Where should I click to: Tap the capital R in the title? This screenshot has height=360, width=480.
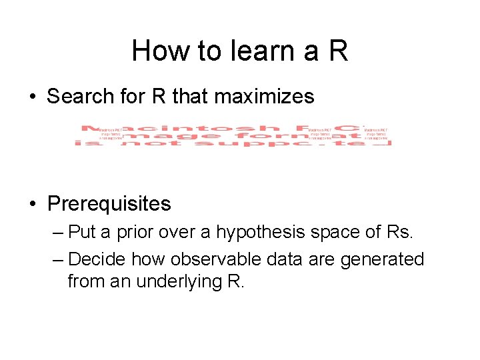[x=338, y=51]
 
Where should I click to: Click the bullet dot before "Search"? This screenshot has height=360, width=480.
[x=33, y=97]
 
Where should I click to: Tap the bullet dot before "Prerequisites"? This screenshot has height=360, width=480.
[x=33, y=204]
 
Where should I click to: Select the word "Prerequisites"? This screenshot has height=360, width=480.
[x=109, y=203]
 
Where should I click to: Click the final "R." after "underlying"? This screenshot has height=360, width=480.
[x=237, y=281]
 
